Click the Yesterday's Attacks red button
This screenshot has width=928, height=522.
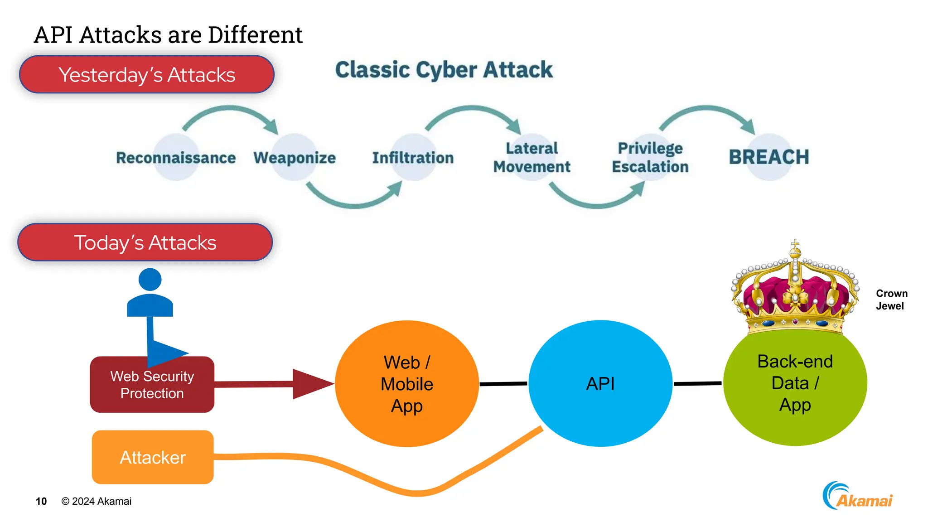coord(147,75)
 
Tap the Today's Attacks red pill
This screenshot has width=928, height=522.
coord(145,242)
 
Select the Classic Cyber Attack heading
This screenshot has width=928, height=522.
coord(444,70)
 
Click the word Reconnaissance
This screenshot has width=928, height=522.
coord(176,158)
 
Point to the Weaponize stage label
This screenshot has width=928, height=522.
coord(295,158)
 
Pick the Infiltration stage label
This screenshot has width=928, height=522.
coord(413,158)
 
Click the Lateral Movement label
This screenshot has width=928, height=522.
coord(532,157)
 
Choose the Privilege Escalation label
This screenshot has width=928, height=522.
coord(650,157)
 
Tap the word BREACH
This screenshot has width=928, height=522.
coord(768,157)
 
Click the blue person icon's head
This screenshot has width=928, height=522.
coord(150,279)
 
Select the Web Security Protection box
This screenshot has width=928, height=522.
coord(152,385)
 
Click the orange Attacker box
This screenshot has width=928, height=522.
coord(153,457)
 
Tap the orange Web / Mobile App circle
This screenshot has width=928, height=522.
coord(406,384)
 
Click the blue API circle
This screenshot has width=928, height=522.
coord(600,384)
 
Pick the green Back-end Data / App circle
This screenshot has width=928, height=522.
coord(795,385)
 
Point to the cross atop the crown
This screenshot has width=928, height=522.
coord(795,244)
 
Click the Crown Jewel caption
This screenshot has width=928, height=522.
coord(891,300)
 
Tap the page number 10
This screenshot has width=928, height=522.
coord(41,501)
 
